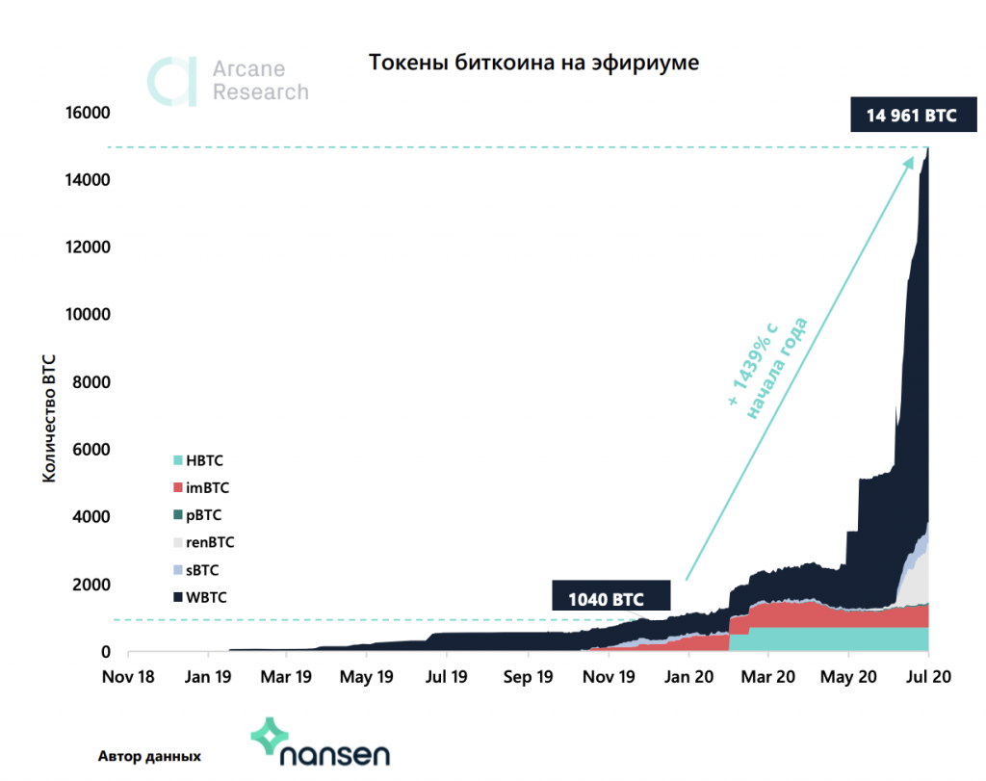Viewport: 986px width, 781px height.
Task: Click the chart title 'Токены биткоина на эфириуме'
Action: click(533, 64)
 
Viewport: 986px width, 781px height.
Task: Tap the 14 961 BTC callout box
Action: click(911, 115)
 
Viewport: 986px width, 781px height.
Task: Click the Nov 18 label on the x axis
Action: click(128, 676)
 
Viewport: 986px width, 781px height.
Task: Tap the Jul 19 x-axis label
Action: click(447, 676)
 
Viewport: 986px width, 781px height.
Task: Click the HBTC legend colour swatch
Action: click(177, 461)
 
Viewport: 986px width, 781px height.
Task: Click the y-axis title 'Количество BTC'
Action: click(48, 419)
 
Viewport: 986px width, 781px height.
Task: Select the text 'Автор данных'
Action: click(150, 755)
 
